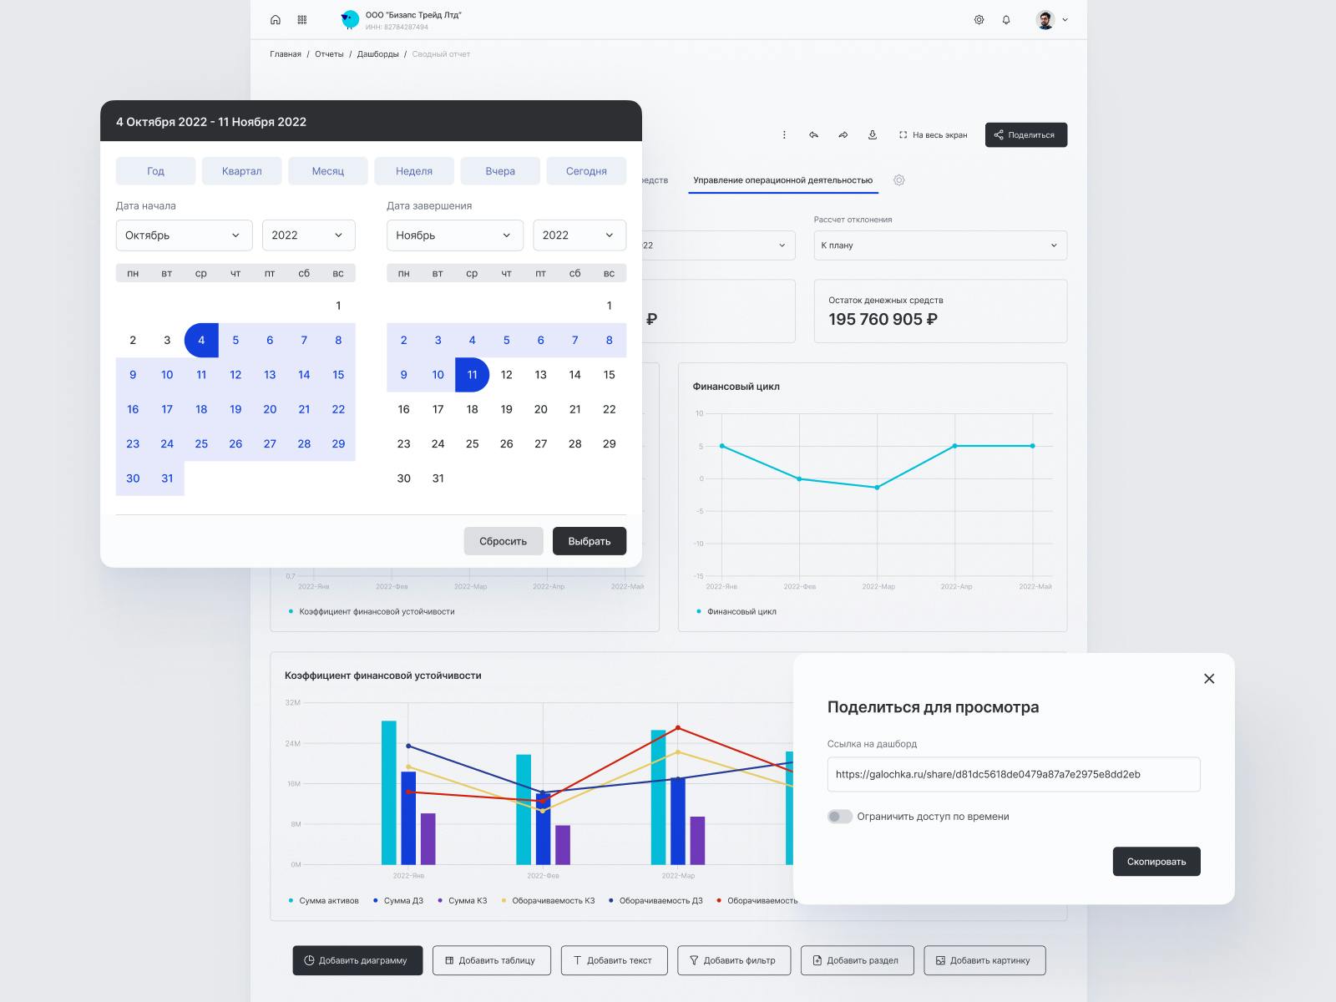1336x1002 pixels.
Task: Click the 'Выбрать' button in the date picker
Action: [589, 541]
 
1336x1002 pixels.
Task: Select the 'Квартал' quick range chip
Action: [241, 171]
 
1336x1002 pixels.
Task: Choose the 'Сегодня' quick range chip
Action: [586, 171]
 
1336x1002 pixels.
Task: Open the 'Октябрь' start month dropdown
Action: [184, 235]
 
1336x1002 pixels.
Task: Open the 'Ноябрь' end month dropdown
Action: [454, 235]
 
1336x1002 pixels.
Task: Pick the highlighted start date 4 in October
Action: [201, 340]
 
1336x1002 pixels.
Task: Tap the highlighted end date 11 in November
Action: [472, 375]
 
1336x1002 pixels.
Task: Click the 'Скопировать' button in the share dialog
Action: [1156, 862]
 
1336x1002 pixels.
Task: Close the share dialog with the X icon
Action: [1208, 679]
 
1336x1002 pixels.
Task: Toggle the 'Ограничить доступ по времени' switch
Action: [839, 817]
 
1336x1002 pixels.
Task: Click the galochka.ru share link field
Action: [1013, 774]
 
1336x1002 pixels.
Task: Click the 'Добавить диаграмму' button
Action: [357, 960]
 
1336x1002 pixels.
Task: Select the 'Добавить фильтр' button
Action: [732, 960]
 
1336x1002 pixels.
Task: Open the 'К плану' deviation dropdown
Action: [939, 245]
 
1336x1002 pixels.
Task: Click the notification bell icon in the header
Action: [1006, 20]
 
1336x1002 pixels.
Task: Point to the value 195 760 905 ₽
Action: [883, 319]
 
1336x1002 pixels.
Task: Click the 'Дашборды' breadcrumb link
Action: [377, 54]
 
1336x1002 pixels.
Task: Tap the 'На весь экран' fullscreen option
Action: [933, 135]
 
